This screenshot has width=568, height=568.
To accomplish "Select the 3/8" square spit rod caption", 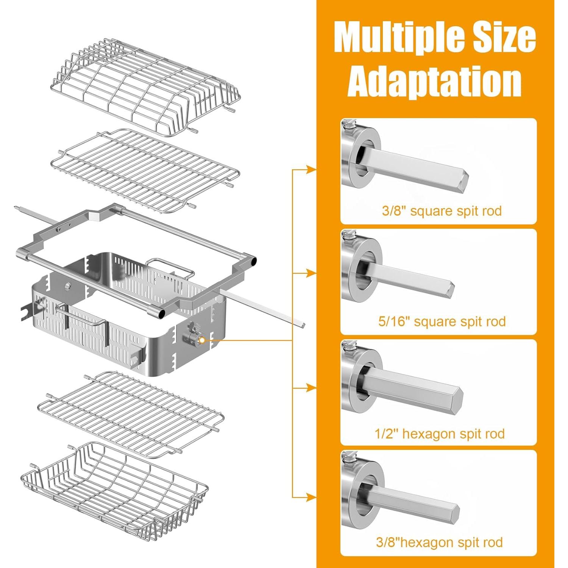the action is point(442,211).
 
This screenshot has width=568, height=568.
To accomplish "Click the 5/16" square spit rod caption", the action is point(442,321).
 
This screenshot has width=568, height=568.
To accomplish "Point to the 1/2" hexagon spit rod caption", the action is point(440,434).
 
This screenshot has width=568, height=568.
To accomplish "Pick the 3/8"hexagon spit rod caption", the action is point(439,542).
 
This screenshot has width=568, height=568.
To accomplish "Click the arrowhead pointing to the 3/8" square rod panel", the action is point(311,170).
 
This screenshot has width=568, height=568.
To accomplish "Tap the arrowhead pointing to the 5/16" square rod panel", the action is point(311,273).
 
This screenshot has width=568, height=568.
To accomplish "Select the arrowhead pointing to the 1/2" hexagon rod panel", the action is point(311,388).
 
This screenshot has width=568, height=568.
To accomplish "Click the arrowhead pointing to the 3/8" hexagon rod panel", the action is point(311,497).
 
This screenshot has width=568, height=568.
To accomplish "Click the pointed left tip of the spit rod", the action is point(15,208).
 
